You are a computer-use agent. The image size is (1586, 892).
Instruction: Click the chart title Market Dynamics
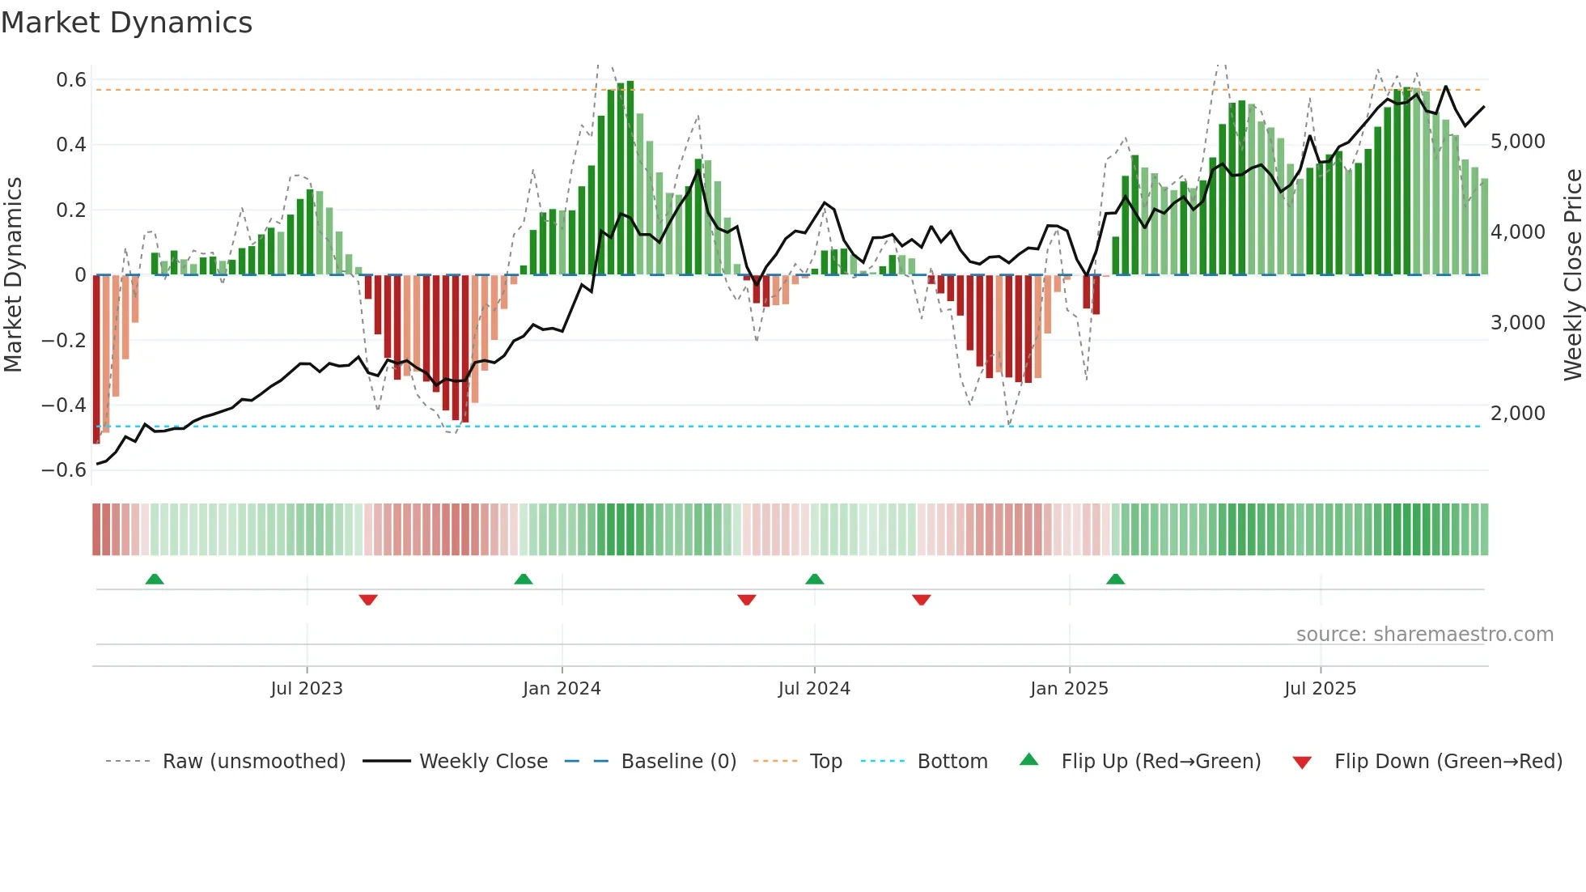click(127, 23)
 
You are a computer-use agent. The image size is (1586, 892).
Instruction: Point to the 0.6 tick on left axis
click(70, 80)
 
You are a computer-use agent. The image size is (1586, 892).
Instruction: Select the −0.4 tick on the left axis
click(64, 405)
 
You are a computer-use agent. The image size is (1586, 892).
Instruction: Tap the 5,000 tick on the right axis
click(1517, 142)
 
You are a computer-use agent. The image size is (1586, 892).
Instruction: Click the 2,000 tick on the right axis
click(1517, 414)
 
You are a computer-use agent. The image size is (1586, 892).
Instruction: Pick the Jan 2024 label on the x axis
click(562, 689)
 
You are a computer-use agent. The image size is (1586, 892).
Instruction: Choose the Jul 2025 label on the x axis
click(1320, 689)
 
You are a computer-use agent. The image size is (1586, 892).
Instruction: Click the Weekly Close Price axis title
click(1572, 275)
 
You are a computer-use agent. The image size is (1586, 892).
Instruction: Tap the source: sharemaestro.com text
click(1424, 635)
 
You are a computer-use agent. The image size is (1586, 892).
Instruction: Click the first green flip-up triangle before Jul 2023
click(155, 580)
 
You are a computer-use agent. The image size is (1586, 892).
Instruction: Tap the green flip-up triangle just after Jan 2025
click(1115, 580)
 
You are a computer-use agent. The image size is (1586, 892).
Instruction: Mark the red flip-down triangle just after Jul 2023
click(368, 599)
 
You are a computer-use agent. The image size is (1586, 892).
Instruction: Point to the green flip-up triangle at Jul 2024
click(815, 580)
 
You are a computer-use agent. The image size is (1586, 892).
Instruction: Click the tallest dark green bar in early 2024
click(630, 178)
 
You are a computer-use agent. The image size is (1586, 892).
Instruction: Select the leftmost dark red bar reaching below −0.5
click(97, 360)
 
